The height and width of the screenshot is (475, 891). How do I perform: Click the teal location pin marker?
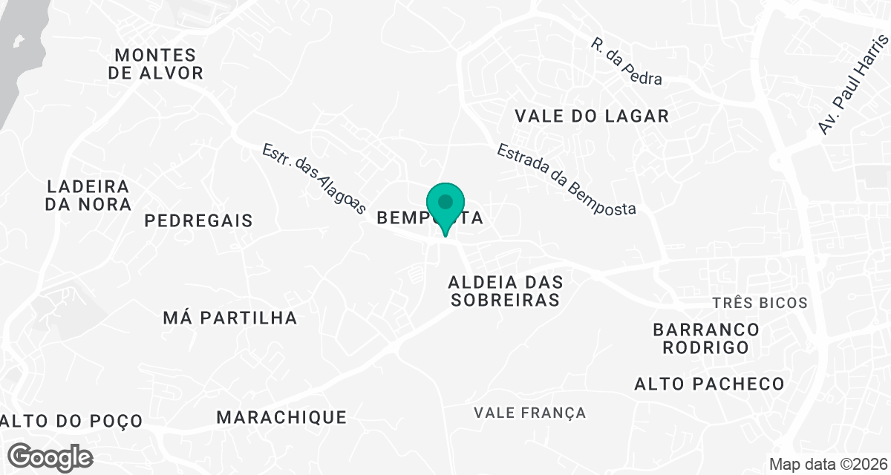[x=445, y=209]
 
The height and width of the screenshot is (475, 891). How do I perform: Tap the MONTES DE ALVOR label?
[x=156, y=64]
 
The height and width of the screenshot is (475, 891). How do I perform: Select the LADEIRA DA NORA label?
[x=88, y=195]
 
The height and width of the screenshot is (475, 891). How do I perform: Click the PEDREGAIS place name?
[x=198, y=220]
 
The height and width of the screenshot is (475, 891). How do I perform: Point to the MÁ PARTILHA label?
[x=229, y=318]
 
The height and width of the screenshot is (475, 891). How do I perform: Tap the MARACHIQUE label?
[x=281, y=417]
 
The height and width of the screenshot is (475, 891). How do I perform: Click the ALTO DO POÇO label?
[x=73, y=421]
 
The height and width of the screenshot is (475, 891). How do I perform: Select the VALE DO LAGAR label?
[x=592, y=116]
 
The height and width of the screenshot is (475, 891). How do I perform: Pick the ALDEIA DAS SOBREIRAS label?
[x=505, y=291]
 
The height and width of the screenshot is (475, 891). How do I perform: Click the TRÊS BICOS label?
[x=759, y=303]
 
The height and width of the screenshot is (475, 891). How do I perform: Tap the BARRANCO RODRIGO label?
[x=705, y=338]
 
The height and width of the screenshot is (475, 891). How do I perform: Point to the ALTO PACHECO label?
[x=709, y=384]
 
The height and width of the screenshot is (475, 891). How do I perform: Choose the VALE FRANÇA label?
[x=530, y=413]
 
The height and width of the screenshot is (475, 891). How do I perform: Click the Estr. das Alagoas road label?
[x=314, y=180]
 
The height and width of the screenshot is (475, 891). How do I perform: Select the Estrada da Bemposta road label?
[x=567, y=179]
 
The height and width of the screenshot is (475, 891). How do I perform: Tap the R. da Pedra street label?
[x=626, y=61]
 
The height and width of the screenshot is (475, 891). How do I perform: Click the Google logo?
[x=50, y=456]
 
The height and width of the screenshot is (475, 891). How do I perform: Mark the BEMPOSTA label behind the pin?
[x=401, y=218]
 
